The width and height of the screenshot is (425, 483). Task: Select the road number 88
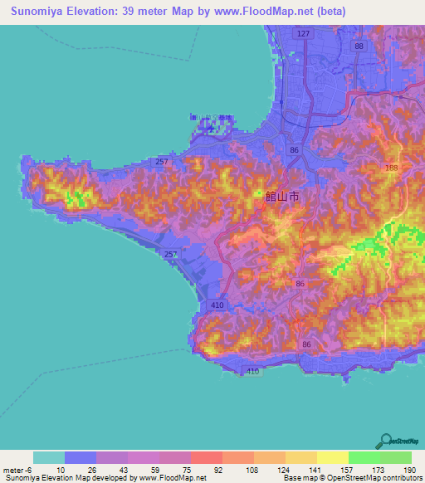[x=359, y=46]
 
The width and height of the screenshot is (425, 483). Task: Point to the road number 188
[x=391, y=168]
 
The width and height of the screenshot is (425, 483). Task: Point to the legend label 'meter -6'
[x=18, y=469]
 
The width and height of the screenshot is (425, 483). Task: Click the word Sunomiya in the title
[x=38, y=11]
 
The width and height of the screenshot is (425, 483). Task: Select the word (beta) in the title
[x=330, y=11]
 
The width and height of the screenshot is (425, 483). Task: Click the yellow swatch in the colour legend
[x=332, y=457]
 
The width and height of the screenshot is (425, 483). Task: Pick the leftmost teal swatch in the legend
[x=49, y=457]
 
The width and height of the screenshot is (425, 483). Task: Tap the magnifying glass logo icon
[x=384, y=440]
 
